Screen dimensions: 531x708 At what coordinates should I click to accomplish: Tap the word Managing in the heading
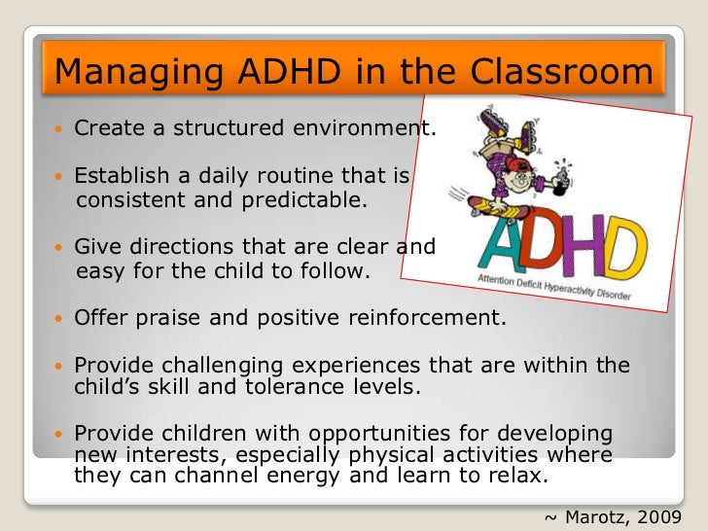pos(110,72)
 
